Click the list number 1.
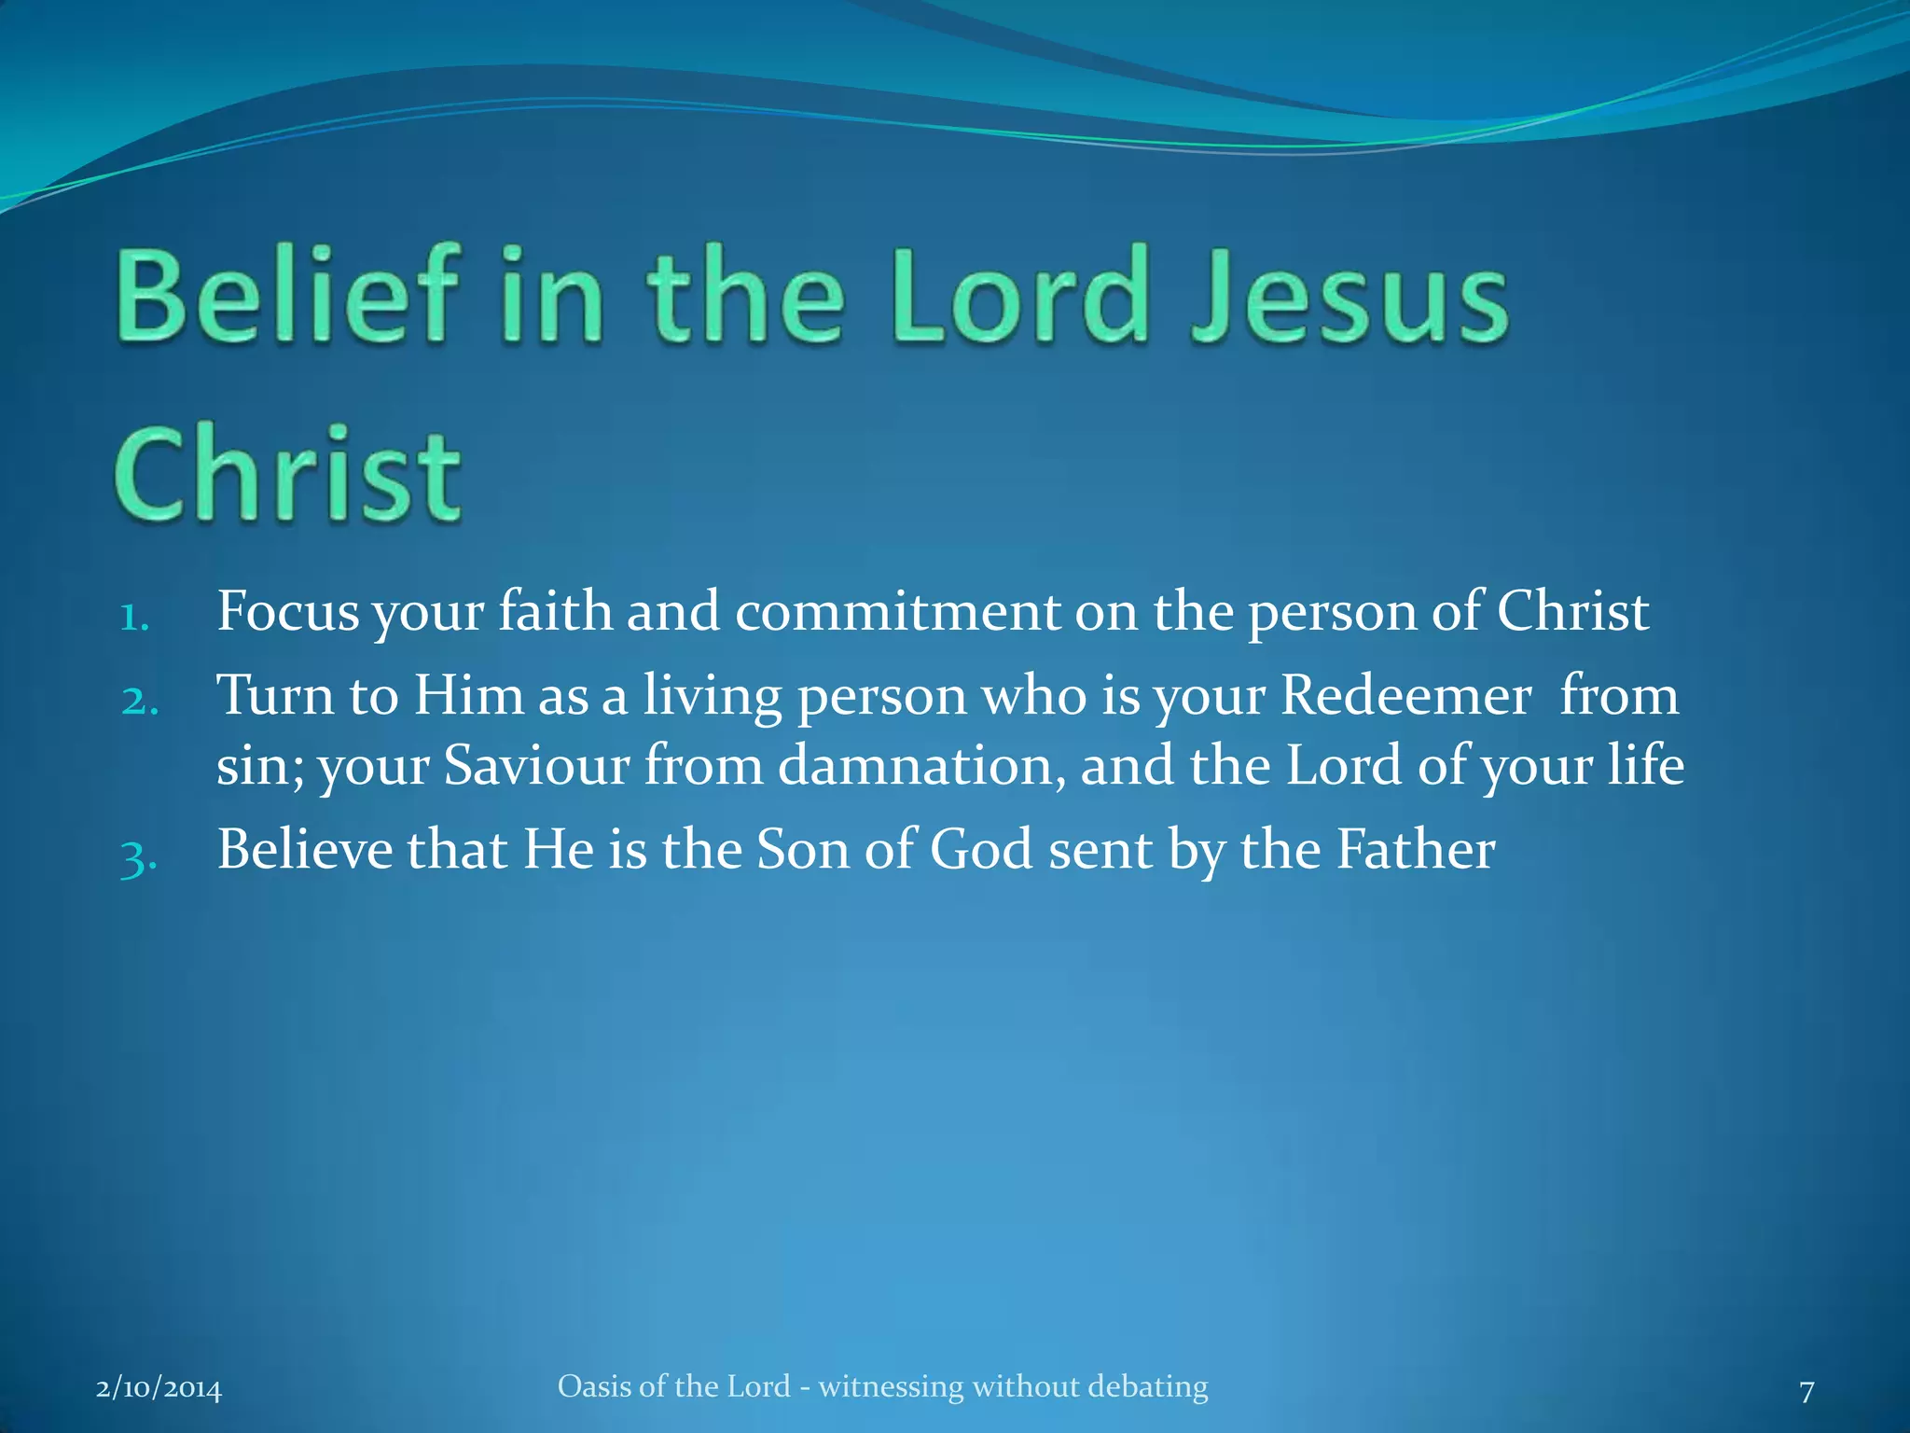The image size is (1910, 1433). pyautogui.click(x=134, y=618)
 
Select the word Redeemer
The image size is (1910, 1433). pyautogui.click(x=1405, y=696)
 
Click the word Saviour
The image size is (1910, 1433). pyautogui.click(x=536, y=766)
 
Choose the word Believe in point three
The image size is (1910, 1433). pyautogui.click(x=305, y=850)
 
